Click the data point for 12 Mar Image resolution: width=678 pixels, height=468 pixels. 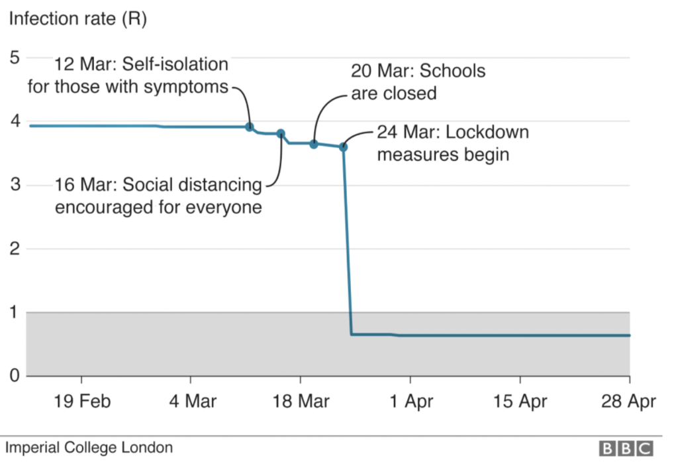[x=250, y=127]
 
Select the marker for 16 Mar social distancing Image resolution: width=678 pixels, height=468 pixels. [x=281, y=133]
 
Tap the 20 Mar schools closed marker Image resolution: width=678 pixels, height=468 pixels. [x=314, y=144]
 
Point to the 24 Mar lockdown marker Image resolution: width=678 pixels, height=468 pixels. [x=343, y=146]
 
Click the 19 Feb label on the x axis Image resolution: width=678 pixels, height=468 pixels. [x=81, y=402]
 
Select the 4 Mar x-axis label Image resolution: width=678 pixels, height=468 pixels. [x=191, y=402]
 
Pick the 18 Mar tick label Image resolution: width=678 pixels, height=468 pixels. [x=300, y=402]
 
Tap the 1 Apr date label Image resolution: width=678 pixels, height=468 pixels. [x=411, y=402]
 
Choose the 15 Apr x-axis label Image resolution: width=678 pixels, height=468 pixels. [x=520, y=402]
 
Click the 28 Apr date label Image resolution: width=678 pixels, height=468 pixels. [x=628, y=402]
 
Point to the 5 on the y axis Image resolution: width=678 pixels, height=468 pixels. [x=15, y=58]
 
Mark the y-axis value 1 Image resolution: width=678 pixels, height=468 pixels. [x=15, y=312]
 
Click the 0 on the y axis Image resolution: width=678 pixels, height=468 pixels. [x=15, y=376]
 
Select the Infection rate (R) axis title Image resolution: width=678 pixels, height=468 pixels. [x=77, y=19]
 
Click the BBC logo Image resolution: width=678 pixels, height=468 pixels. [x=626, y=449]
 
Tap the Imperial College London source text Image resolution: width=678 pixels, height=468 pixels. [x=90, y=447]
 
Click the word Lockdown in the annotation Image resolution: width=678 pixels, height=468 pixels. [x=487, y=132]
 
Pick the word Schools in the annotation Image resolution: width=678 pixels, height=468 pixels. [x=453, y=71]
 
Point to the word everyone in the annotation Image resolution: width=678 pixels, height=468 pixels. [x=225, y=207]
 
